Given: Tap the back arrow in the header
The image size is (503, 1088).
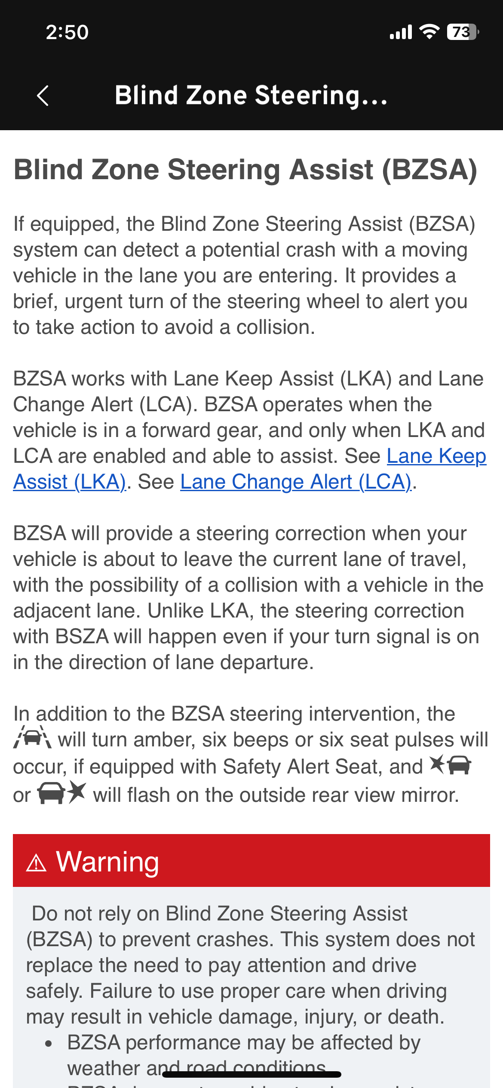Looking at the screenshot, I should coord(43,95).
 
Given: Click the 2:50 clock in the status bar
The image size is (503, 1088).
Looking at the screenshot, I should coord(67,32).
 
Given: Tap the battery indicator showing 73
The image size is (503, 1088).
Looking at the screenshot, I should coord(462,32).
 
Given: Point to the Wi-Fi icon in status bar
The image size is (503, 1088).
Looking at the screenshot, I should coord(429,32).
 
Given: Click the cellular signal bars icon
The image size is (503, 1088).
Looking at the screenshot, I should coord(401,32).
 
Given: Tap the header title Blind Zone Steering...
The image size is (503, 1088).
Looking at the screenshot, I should coord(251,95).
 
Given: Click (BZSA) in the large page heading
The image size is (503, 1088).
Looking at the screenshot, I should coord(429,169).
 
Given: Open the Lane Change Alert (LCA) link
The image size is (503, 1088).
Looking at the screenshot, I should coord(296,482).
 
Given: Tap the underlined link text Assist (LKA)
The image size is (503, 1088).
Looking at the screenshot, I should coord(70,482).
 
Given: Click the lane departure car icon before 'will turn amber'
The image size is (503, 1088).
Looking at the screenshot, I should coord(33,737).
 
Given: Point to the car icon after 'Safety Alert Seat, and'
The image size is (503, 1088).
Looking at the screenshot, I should coord(451,765).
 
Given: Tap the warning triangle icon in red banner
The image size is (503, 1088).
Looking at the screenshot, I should coord(36,863).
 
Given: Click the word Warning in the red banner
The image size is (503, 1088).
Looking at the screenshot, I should coord(107,862).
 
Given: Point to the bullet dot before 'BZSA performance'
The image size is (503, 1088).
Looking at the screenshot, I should coord(49,1044).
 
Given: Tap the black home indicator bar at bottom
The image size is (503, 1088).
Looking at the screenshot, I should coord(252,1074).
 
